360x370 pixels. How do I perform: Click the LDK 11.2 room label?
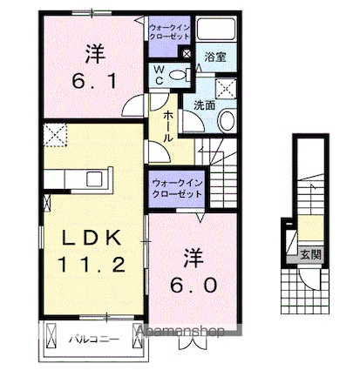92,251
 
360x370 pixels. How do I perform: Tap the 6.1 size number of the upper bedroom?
94,82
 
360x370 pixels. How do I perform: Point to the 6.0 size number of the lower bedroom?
194,285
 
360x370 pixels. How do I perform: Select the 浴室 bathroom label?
215,57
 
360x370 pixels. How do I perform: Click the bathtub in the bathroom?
216,29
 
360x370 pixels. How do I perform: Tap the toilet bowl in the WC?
177,75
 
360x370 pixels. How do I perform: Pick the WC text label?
159,75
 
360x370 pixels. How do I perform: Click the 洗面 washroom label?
205,105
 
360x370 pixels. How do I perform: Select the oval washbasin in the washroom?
227,120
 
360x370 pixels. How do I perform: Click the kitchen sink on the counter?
95,178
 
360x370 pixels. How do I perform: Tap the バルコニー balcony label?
93,339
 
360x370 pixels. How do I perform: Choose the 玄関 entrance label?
310,254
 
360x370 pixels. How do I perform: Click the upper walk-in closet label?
169,32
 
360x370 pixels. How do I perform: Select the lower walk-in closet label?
177,188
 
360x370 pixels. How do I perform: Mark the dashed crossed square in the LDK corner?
55,134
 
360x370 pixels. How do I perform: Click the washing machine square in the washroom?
226,88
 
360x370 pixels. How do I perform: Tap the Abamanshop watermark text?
180,332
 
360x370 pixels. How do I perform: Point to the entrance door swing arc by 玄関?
308,283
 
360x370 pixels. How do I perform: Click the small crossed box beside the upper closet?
186,53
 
